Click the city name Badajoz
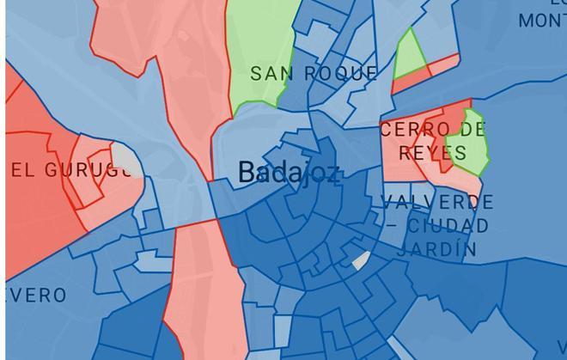click(289, 172)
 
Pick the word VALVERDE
click(438, 204)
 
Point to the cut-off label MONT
click(544, 20)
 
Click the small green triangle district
click(411, 56)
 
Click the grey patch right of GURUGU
click(125, 161)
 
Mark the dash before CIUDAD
click(393, 226)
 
